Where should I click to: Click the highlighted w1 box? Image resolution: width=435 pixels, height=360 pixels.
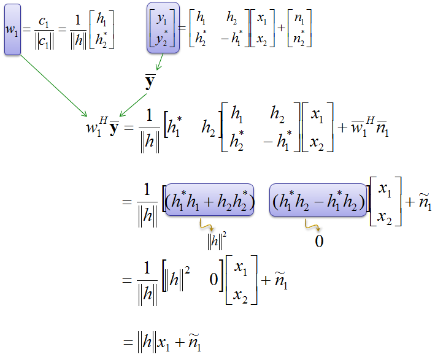point(12,29)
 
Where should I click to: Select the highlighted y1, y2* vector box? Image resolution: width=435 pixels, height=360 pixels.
point(163,28)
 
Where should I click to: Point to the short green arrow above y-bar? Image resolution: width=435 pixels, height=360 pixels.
point(160,61)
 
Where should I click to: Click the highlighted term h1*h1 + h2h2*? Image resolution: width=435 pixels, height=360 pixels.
point(209,200)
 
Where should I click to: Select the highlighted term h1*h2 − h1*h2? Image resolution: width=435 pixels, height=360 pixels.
point(318,200)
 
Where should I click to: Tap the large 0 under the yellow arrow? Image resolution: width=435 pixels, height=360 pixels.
point(319,241)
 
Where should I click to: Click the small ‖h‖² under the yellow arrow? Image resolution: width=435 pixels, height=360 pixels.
point(217,241)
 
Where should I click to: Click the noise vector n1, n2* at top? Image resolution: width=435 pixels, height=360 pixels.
point(299,28)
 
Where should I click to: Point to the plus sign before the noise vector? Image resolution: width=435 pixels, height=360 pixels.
point(281,28)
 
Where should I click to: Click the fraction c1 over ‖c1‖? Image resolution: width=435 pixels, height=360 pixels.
point(44,32)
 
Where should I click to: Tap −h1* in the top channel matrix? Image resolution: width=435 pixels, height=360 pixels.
point(232,37)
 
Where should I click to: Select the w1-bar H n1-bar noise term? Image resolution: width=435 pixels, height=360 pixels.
point(370,128)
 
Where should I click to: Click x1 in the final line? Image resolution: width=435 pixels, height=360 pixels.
point(164,343)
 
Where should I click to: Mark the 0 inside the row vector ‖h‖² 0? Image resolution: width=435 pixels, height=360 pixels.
point(214,279)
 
